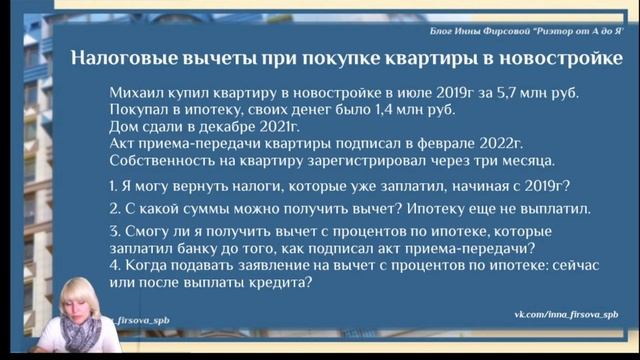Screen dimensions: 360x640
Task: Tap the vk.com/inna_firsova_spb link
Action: [565, 313]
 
